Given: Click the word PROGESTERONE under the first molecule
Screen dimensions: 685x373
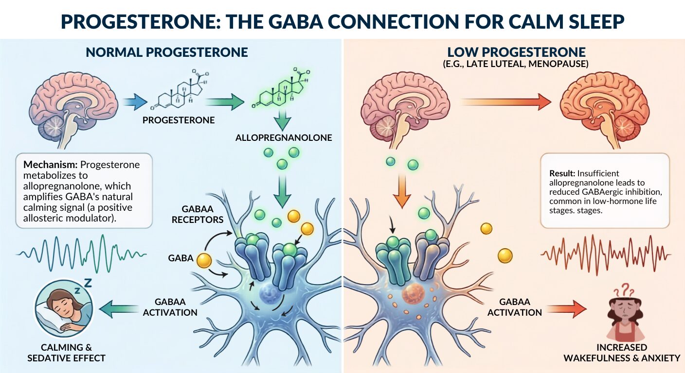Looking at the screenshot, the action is pyautogui.click(x=179, y=120).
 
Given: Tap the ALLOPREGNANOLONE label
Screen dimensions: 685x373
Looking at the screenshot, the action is pyautogui.click(x=284, y=137).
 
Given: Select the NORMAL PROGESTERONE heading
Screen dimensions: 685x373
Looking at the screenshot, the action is pyautogui.click(x=167, y=52).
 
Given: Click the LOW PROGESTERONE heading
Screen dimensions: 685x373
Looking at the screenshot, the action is pyautogui.click(x=516, y=52).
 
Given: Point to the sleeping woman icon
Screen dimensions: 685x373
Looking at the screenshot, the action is pyautogui.click(x=64, y=308).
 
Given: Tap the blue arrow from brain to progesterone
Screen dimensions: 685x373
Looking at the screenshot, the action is pyautogui.click(x=135, y=102).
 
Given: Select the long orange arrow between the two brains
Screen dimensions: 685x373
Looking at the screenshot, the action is pyautogui.click(x=505, y=102).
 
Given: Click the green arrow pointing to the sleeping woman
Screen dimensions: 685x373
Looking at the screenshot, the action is pyautogui.click(x=119, y=309).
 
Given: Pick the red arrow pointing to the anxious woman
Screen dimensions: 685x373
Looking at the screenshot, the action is pyautogui.click(x=567, y=309).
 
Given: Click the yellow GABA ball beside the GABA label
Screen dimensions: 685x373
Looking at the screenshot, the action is pyautogui.click(x=204, y=260).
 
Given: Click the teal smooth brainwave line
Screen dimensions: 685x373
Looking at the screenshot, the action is pyautogui.click(x=81, y=254).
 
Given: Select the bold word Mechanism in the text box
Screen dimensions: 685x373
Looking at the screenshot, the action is pyautogui.click(x=51, y=165).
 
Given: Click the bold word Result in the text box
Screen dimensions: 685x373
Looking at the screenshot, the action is pyautogui.click(x=562, y=173).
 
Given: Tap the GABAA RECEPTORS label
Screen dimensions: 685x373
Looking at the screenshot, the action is pyautogui.click(x=198, y=214).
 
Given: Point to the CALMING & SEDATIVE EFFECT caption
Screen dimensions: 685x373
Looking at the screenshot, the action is pyautogui.click(x=66, y=353).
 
